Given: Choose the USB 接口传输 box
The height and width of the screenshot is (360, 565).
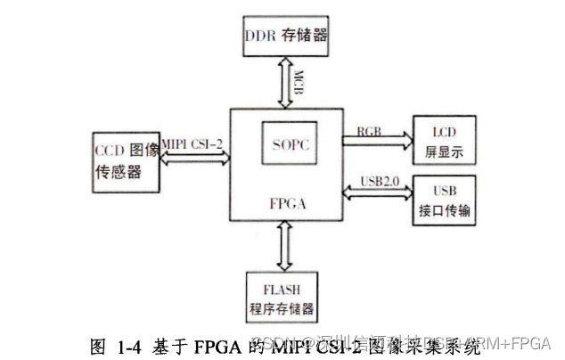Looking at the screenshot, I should (x=443, y=201).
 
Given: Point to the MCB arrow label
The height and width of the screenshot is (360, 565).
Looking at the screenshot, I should (x=301, y=82).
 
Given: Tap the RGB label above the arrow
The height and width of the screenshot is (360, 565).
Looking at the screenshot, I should (x=370, y=130).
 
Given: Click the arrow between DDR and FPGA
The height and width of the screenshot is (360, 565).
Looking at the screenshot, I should (x=286, y=82).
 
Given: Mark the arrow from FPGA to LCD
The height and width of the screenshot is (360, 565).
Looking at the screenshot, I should (x=379, y=140).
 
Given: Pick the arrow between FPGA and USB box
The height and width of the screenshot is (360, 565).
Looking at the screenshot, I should (x=379, y=192).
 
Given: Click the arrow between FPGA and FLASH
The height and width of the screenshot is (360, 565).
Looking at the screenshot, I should (x=286, y=244).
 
